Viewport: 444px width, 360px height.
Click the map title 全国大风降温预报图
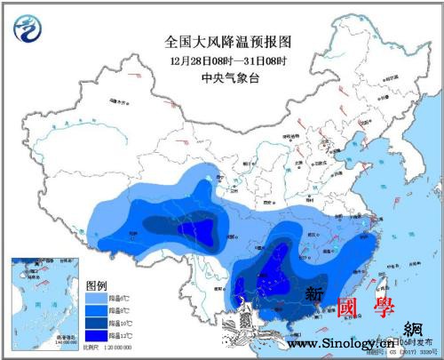(x=228, y=41)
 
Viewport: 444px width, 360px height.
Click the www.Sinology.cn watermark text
(x=342, y=344)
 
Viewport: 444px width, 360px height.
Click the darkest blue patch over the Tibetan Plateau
(x=202, y=233)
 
